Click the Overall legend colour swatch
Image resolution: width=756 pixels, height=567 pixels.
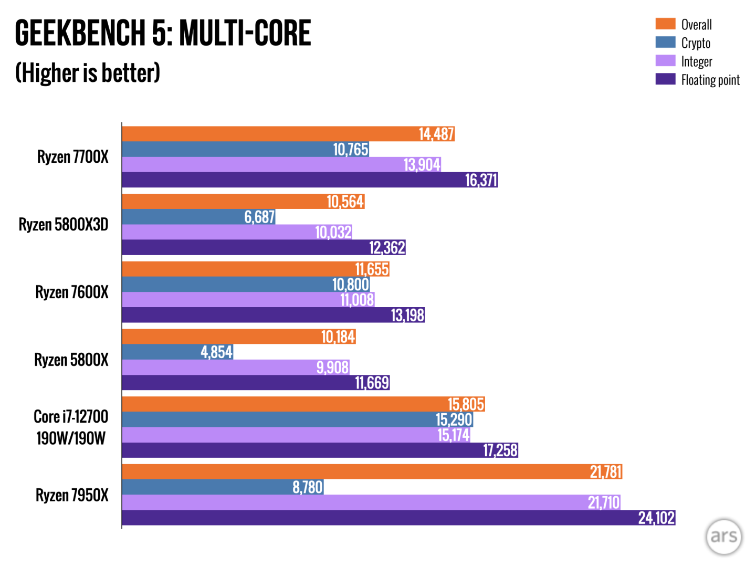[665, 24]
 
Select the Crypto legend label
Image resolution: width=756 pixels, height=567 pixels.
[696, 43]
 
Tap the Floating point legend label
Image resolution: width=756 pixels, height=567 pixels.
[710, 80]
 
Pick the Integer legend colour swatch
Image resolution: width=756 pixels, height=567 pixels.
[665, 61]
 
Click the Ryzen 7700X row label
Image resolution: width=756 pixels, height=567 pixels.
[72, 157]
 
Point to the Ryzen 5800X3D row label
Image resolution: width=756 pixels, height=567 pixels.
[64, 225]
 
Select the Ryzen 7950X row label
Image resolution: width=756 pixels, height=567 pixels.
[72, 495]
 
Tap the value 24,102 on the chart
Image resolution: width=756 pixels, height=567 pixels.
[656, 518]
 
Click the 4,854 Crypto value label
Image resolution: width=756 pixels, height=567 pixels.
[216, 352]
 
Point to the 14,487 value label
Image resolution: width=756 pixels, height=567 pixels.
[436, 134]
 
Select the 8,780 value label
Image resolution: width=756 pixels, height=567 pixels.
[307, 487]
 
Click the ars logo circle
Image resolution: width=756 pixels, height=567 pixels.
[724, 536]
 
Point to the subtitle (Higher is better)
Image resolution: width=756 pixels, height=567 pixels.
[88, 73]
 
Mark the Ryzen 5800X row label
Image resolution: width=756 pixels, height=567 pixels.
[71, 360]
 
